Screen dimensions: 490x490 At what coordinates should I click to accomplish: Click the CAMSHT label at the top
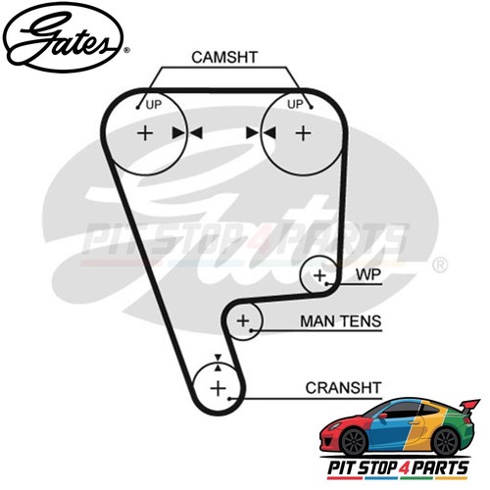tap(224, 57)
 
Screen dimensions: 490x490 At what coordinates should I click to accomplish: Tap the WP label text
tap(368, 274)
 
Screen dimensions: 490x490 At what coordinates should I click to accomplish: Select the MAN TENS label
tap(341, 321)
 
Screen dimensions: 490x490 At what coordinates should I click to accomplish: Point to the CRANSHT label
tap(343, 388)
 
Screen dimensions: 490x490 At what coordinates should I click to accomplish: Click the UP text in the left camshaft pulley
tap(154, 105)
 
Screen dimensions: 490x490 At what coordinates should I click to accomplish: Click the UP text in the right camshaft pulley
tap(295, 105)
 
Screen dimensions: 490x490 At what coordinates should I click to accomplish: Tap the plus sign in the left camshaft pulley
tap(145, 133)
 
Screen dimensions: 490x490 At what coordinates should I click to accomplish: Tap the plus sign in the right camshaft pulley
tap(303, 133)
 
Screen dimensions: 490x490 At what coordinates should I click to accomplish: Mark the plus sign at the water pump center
tap(319, 275)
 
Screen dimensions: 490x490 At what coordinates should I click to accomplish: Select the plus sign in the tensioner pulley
tap(243, 320)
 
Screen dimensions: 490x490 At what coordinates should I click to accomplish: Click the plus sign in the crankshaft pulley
tap(218, 388)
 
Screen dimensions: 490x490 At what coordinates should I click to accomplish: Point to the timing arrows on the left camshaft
tap(187, 133)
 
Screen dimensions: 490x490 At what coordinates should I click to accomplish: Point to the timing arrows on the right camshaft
tap(261, 133)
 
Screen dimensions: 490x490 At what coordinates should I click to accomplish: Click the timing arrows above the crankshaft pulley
tap(218, 363)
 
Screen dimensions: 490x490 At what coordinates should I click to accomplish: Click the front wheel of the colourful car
tap(354, 443)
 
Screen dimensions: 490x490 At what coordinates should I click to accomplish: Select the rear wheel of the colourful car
tap(446, 442)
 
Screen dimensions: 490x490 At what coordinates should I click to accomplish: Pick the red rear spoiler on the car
tap(469, 407)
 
